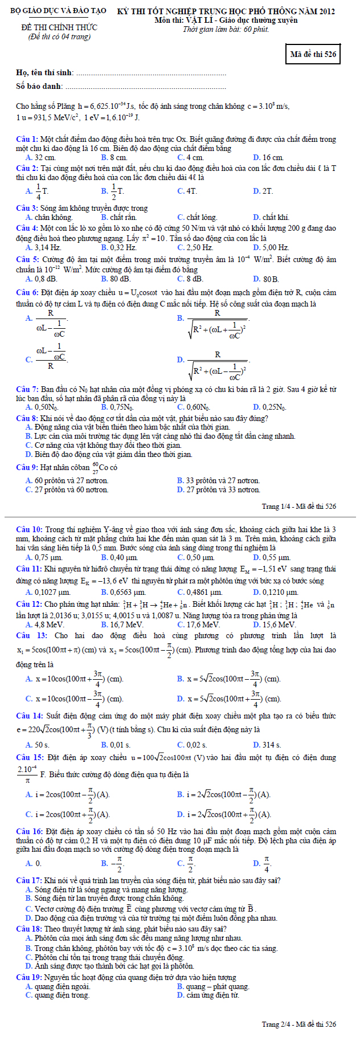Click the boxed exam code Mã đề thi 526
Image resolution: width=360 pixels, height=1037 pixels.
coord(313,55)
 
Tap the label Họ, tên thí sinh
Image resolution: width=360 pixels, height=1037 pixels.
coord(44,73)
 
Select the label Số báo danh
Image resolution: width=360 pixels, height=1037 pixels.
coord(39,87)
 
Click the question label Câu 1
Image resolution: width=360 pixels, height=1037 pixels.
coord(27,140)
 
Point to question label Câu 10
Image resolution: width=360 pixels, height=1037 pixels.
coord(29,530)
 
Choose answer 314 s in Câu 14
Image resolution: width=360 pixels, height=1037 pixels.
coord(272,745)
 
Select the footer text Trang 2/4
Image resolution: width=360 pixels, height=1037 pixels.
coord(298,1024)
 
